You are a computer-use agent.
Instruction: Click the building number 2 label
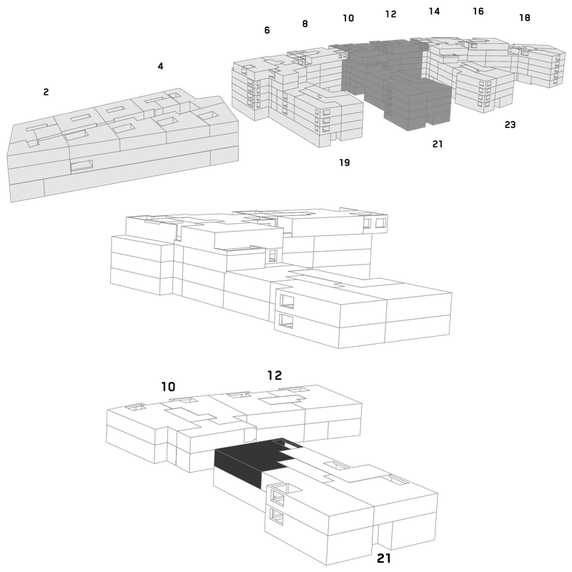(x=46, y=92)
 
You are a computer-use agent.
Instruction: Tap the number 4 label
(x=160, y=66)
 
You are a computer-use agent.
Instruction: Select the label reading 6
(x=267, y=30)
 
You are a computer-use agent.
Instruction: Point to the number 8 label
(x=305, y=24)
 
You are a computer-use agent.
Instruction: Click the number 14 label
(x=434, y=11)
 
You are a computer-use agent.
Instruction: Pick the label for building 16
(x=478, y=11)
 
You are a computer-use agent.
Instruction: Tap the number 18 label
(x=525, y=17)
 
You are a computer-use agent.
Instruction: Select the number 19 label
(x=345, y=162)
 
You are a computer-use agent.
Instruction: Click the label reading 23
(x=510, y=124)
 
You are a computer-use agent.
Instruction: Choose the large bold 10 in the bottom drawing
(x=168, y=387)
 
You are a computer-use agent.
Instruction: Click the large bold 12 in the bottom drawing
(x=275, y=375)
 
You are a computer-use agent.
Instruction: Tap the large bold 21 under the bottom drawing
(x=384, y=558)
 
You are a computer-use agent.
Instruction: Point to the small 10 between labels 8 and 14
(x=348, y=18)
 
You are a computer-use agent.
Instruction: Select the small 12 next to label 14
(x=390, y=14)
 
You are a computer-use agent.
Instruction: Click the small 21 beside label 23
(x=438, y=144)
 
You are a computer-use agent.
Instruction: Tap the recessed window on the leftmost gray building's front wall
(x=82, y=166)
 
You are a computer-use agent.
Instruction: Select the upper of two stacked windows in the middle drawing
(x=287, y=301)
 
